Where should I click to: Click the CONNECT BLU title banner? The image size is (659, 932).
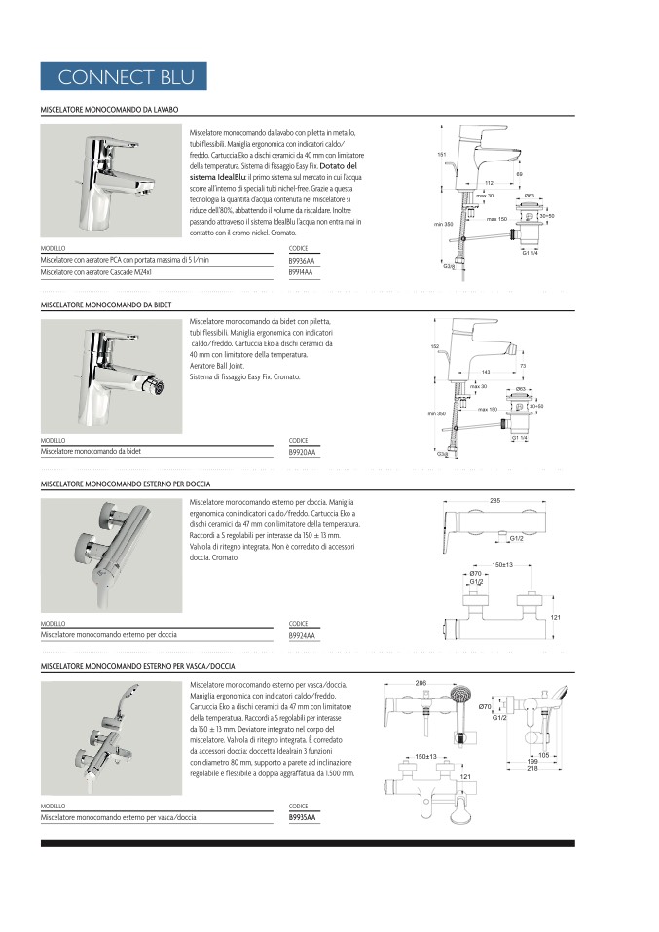click(126, 77)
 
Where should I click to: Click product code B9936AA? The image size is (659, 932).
click(302, 261)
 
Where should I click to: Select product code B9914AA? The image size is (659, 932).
click(302, 274)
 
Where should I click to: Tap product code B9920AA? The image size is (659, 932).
click(303, 452)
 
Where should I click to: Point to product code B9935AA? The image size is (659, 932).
click(303, 817)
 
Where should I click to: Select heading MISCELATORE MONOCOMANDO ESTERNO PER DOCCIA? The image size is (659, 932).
click(126, 484)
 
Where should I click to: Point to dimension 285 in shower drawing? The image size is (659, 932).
click(494, 501)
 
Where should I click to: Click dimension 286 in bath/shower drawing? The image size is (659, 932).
click(421, 684)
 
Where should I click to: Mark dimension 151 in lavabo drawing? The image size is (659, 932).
click(441, 156)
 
